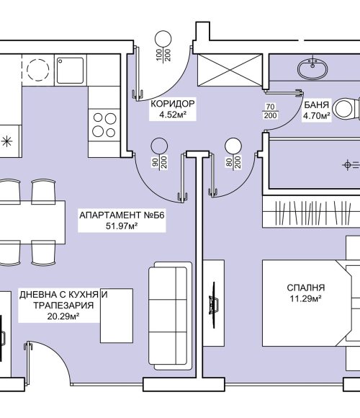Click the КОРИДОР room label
click(173, 104)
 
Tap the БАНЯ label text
click(316, 104)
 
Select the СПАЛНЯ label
click(306, 288)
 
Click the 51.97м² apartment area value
click(122, 226)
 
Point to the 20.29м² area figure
click(63, 316)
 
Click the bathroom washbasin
click(312, 69)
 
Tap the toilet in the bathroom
click(347, 109)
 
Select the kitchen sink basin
click(71, 70)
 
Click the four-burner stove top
click(104, 125)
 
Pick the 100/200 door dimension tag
click(163, 55)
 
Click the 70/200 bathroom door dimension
click(270, 111)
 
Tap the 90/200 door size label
click(160, 162)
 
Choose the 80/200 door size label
click(233, 162)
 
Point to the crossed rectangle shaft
click(230, 70)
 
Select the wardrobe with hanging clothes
click(311, 212)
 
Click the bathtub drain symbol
click(347, 165)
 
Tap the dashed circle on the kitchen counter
click(38, 70)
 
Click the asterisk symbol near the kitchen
click(6, 141)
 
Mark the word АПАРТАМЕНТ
click(110, 215)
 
